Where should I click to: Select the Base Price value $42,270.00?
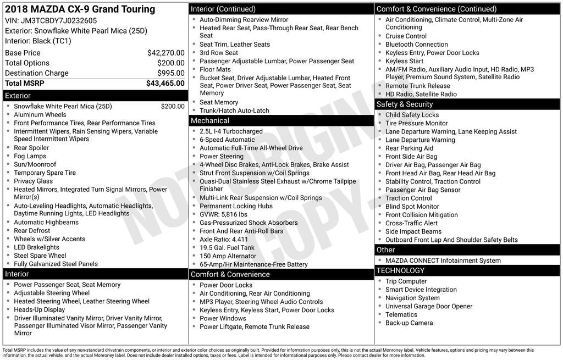click(165, 53)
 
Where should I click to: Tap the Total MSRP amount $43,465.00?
click(165, 84)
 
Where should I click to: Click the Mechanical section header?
click(210, 121)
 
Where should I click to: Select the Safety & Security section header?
click(404, 104)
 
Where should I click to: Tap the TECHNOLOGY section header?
click(400, 270)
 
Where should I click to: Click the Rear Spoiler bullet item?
click(31, 148)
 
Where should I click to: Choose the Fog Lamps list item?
click(30, 156)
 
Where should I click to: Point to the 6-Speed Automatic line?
click(227, 140)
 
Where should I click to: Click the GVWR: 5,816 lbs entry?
click(223, 214)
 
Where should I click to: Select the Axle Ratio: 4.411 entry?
click(224, 239)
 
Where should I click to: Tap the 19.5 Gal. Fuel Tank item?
click(227, 248)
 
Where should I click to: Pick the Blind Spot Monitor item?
click(412, 207)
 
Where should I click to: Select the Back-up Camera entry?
click(409, 323)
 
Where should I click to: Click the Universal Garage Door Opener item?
click(428, 306)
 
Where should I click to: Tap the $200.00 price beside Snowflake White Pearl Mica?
click(173, 107)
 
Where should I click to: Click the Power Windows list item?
click(223, 318)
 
